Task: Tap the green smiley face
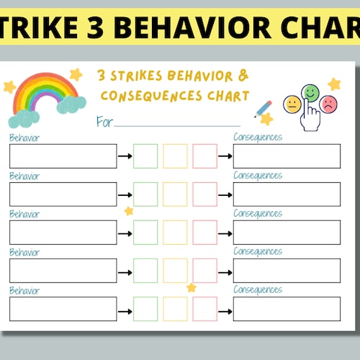(311, 92)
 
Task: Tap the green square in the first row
(145, 156)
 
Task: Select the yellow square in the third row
(175, 232)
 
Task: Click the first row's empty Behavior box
(63, 156)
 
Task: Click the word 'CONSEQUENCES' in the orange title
(140, 96)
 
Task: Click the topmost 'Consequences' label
(258, 138)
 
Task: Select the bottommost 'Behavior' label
(24, 290)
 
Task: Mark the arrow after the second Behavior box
(125, 194)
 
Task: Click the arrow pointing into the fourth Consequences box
(225, 271)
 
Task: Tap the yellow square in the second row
(175, 194)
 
